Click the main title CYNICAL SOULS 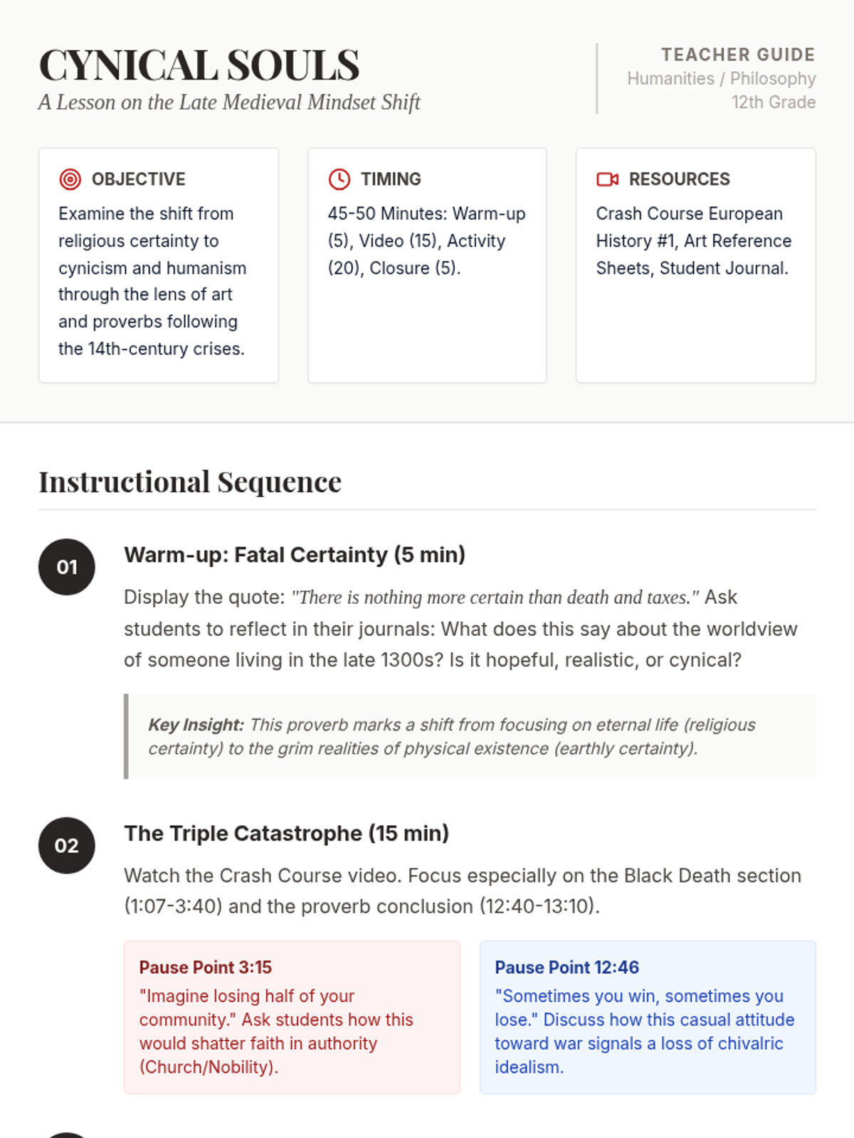pyautogui.click(x=199, y=65)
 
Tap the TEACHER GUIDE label pyautogui.click(x=738, y=55)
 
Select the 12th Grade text pyautogui.click(x=773, y=102)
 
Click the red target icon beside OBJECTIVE pyautogui.click(x=70, y=179)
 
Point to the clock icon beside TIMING pyautogui.click(x=339, y=179)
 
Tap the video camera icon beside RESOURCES pyautogui.click(x=607, y=179)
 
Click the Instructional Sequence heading pyautogui.click(x=190, y=482)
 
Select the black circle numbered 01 pyautogui.click(x=67, y=567)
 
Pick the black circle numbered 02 pyautogui.click(x=67, y=846)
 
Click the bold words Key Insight pyautogui.click(x=196, y=725)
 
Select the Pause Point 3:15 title pyautogui.click(x=206, y=967)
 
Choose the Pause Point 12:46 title pyautogui.click(x=566, y=967)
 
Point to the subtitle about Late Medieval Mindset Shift pyautogui.click(x=229, y=102)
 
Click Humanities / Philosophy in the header pyautogui.click(x=721, y=78)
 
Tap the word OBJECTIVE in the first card pyautogui.click(x=139, y=179)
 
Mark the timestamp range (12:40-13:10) pyautogui.click(x=539, y=906)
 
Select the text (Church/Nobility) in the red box pyautogui.click(x=209, y=1067)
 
